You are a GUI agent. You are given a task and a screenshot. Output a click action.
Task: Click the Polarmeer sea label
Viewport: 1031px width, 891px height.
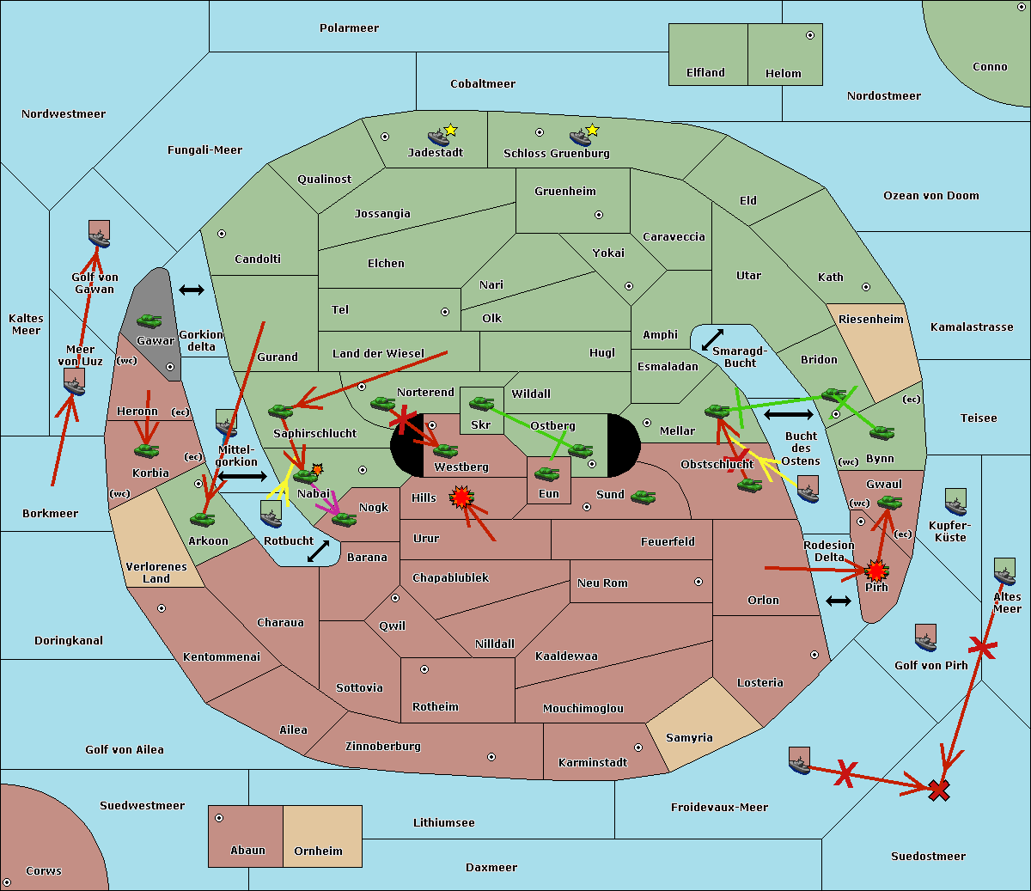coord(349,28)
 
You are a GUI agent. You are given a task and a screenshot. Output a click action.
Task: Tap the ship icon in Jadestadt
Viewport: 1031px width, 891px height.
coord(438,137)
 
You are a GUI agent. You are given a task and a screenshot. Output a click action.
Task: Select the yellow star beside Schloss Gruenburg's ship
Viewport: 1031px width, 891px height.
coord(593,130)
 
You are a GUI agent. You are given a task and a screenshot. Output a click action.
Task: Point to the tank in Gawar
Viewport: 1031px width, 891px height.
coord(149,320)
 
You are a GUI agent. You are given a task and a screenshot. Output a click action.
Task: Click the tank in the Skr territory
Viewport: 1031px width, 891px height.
coord(481,403)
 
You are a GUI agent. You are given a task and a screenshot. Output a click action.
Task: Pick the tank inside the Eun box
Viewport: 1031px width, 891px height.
coord(546,474)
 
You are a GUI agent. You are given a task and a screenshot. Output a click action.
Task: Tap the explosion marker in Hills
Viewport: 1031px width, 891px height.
coord(461,497)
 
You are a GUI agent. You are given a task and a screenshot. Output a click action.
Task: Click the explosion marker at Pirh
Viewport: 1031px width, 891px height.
coord(876,571)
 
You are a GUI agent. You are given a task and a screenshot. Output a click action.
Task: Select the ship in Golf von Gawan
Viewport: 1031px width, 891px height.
coord(100,234)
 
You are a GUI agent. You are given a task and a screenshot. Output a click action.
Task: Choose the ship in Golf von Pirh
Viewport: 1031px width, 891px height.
coord(926,638)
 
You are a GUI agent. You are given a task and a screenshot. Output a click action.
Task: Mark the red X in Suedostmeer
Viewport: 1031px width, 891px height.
coord(939,790)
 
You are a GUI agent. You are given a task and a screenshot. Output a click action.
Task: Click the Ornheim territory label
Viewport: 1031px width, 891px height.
coord(318,851)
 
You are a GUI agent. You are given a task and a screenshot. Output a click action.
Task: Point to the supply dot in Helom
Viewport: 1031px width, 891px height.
coord(810,35)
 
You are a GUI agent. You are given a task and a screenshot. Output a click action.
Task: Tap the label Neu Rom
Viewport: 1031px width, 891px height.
coord(602,583)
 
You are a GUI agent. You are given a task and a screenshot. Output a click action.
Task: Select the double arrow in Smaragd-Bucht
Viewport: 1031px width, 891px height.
coord(712,339)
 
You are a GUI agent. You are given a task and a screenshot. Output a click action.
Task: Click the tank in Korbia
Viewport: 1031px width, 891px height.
coord(147,450)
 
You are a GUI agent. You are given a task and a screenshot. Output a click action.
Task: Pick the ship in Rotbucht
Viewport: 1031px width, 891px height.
coord(271,514)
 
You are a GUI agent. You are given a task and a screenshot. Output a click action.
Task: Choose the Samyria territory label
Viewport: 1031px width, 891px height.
coord(689,737)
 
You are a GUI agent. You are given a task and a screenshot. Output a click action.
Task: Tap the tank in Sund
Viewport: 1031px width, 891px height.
coord(643,497)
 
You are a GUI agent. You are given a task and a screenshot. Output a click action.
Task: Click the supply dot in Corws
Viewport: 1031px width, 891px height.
coord(7,882)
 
